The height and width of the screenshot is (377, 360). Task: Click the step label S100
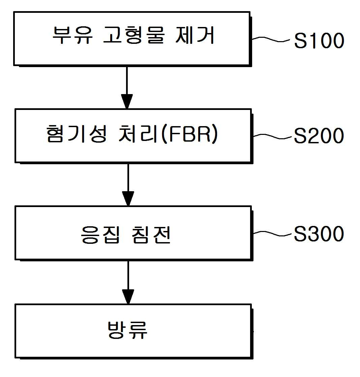pos(319,40)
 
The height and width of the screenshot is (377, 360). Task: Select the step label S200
pos(319,136)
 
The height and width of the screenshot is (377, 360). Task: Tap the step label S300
pos(319,233)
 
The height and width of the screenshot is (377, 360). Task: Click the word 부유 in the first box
pos(72,35)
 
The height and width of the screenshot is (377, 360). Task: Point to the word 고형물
pos(133,35)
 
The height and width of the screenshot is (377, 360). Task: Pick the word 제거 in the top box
pos(194,35)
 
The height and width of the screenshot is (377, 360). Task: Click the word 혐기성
pos(77,134)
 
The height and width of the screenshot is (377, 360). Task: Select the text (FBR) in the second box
pos(190,134)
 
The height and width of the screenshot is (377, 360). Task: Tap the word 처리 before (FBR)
pos(139,134)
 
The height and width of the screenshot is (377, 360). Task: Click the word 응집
pos(100,235)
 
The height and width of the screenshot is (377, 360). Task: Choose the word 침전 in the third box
pos(151,235)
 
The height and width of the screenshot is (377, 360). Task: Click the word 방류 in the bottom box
pos(127,330)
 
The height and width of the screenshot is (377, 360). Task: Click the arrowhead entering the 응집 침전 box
pos(128,199)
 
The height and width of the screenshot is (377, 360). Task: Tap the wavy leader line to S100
pos(271,39)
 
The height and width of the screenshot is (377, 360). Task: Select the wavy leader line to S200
pos(272,136)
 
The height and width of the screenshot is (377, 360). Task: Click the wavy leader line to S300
pos(272,233)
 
